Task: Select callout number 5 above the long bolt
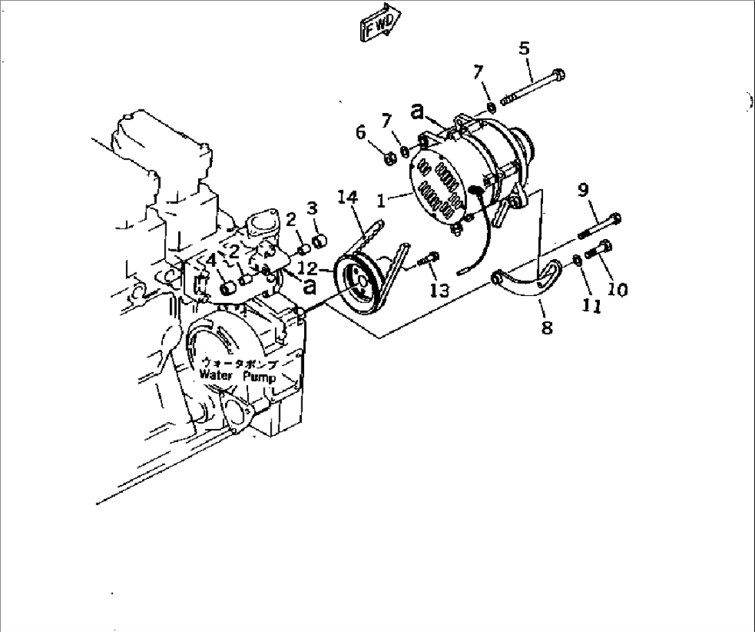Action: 524,49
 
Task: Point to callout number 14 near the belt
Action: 348,197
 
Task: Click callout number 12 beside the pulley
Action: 308,268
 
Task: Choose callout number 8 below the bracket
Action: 547,327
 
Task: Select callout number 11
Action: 592,306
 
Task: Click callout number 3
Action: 312,207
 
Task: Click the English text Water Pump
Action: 237,378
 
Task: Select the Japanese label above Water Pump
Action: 238,364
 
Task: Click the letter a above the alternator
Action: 418,111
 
